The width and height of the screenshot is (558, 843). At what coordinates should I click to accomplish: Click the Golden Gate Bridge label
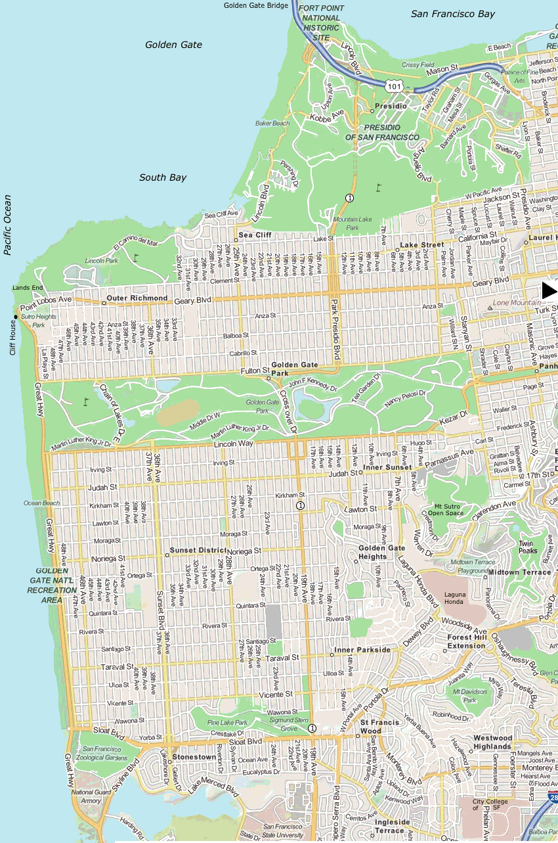(255, 5)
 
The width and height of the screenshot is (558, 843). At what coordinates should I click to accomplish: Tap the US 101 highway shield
(393, 86)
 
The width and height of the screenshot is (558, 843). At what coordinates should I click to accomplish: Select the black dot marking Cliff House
(14, 317)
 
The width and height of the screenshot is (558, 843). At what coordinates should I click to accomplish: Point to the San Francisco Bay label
(453, 14)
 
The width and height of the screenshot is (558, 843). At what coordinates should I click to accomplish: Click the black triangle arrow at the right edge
(549, 290)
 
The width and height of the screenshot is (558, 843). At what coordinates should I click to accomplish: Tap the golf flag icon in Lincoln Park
(136, 258)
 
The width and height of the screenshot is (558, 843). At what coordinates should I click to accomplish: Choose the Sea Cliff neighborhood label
(254, 235)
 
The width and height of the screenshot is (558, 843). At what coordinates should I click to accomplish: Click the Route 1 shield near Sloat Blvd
(312, 728)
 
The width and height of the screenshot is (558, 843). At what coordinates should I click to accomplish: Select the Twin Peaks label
(526, 547)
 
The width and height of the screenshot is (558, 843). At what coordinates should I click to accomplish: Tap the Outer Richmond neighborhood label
(138, 298)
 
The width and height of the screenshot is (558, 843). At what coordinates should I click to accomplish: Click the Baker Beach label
(272, 123)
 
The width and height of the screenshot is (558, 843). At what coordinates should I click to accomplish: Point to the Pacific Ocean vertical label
(7, 225)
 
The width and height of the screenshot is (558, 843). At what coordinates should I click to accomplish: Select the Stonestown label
(193, 757)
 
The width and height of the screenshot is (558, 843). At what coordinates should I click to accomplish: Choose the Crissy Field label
(418, 65)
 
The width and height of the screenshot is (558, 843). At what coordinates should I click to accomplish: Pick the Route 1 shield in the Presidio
(349, 198)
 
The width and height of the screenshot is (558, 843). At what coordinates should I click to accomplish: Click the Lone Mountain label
(509, 303)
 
